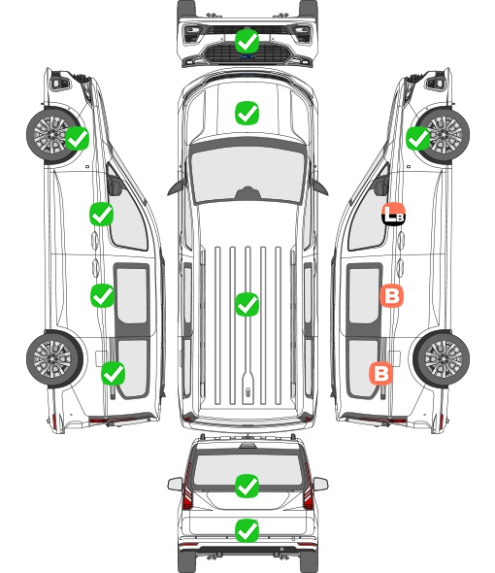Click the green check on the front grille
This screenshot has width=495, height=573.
click(x=247, y=42)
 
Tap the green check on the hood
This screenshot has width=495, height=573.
click(x=247, y=113)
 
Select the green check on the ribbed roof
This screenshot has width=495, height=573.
click(x=247, y=304)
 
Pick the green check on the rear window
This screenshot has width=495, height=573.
click(x=247, y=486)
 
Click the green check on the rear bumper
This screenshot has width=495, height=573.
click(x=247, y=530)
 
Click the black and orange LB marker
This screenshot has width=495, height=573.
click(x=393, y=214)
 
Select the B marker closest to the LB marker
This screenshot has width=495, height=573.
click(x=391, y=295)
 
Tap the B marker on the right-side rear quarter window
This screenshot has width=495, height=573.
click(x=381, y=374)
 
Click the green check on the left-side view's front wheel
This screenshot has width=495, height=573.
click(x=77, y=138)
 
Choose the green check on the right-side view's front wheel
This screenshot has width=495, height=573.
click(x=418, y=138)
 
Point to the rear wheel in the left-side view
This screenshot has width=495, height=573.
click(x=54, y=358)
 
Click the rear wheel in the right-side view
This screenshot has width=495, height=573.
click(x=442, y=358)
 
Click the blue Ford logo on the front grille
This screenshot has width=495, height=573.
click(x=247, y=56)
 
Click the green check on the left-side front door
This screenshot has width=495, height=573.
click(x=101, y=214)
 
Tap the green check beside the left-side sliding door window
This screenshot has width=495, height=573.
click(x=102, y=295)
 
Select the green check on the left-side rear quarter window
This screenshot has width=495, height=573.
click(x=114, y=373)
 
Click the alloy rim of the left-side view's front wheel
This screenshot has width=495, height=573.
click(x=50, y=135)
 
